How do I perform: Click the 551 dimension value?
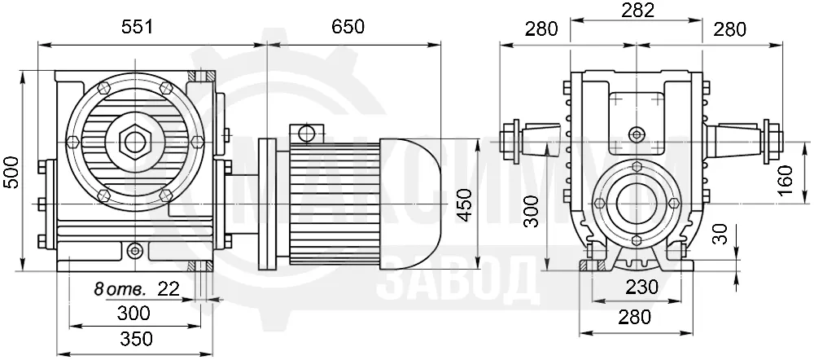pos(138,27)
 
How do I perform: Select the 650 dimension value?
pos(348,27)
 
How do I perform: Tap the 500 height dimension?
pos(11,172)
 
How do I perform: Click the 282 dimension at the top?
pos(638,11)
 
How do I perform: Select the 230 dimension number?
pos(641,287)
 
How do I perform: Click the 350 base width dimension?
pos(137,339)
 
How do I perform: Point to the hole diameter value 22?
pos(168,288)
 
